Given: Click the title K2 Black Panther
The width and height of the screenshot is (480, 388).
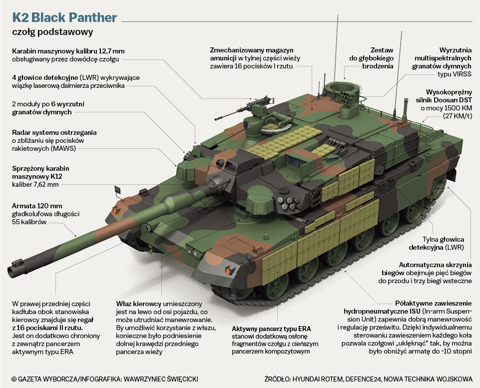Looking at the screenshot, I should pyautogui.click(x=64, y=18).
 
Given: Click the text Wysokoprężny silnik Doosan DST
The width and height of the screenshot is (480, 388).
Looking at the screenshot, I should pyautogui.click(x=445, y=96).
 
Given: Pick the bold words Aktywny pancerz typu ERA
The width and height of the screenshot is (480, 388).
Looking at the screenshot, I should pyautogui.click(x=271, y=329).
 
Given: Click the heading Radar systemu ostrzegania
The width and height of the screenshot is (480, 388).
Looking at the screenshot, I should pyautogui.click(x=54, y=132).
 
